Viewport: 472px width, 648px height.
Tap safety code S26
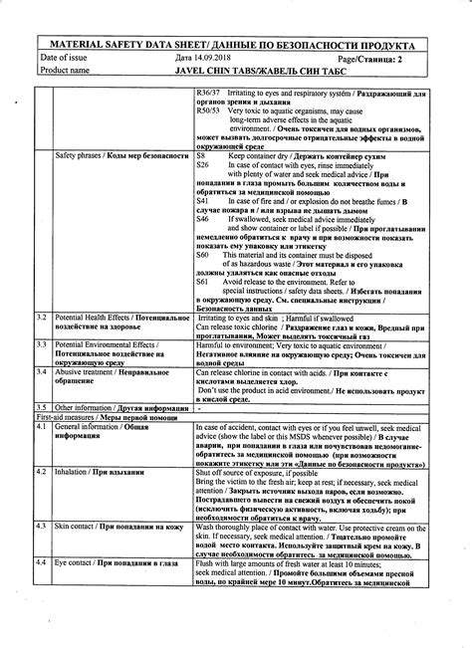(203, 165)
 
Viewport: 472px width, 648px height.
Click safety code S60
(203, 255)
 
